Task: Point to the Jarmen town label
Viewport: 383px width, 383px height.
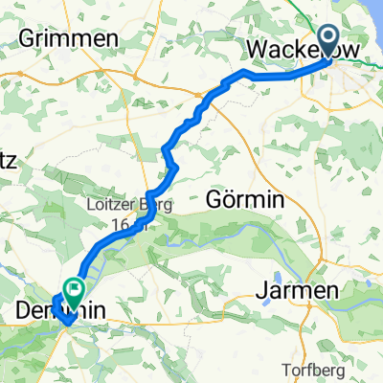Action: (x=300, y=290)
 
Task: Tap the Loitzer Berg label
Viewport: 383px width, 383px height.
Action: (x=112, y=204)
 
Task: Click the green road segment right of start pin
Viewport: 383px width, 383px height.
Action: (x=359, y=62)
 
